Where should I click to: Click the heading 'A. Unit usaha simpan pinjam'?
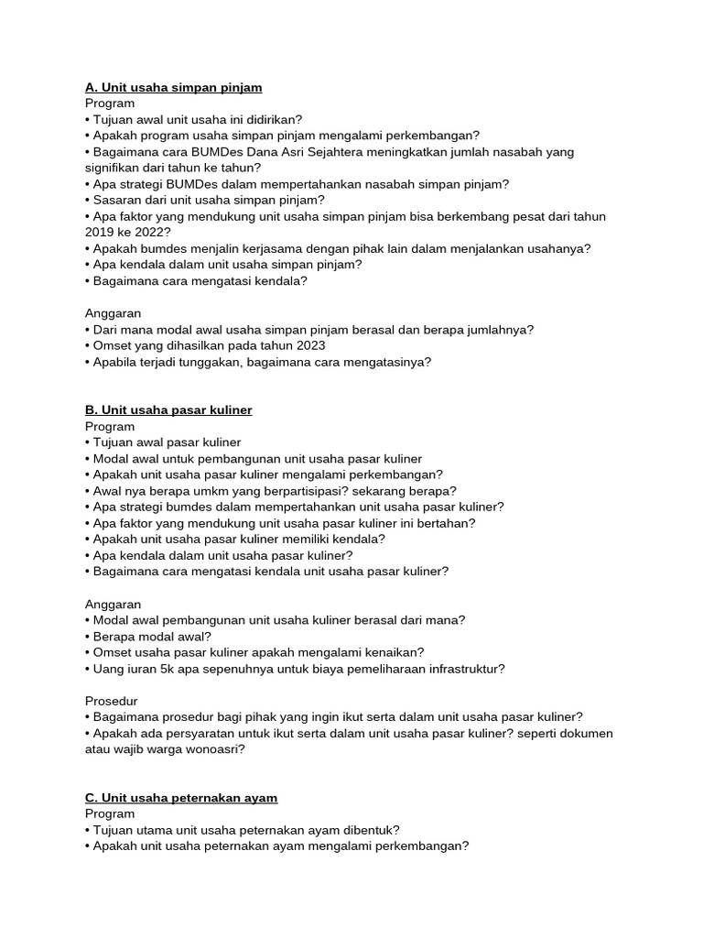click(174, 87)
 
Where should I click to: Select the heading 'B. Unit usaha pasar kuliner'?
click(168, 410)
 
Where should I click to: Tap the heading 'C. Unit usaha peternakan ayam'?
click(181, 798)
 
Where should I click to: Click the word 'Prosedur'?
click(112, 701)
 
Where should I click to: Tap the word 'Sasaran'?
click(117, 200)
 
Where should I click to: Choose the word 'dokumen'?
click(586, 734)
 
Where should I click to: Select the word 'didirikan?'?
click(271, 119)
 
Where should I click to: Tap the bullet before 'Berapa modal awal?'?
click(89, 637)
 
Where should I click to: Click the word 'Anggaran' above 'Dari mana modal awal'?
click(114, 313)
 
